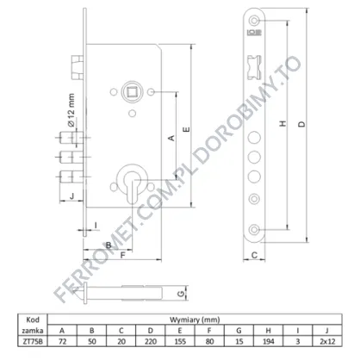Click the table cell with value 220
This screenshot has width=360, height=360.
coord(151,341)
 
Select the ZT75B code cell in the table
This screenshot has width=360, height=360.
coord(33,341)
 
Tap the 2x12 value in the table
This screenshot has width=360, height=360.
coord(327,341)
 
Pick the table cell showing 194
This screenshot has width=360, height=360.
coord(268,341)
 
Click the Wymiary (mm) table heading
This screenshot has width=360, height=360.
coord(195,320)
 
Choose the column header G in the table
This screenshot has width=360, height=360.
coord(239,331)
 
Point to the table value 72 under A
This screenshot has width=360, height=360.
coord(62,341)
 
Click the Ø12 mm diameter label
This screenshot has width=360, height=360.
coord(71,110)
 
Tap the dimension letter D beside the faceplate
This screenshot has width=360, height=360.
coord(301,124)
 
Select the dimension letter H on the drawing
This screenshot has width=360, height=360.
coord(283,124)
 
